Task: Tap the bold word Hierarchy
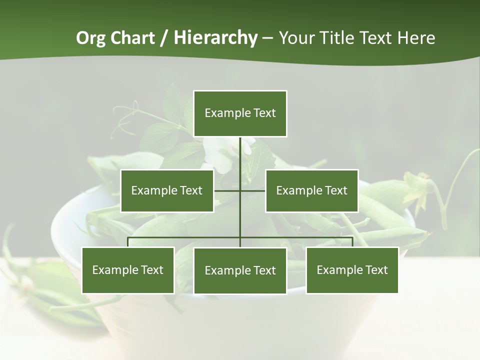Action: [x=215, y=38]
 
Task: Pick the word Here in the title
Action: [x=416, y=38]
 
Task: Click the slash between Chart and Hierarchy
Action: [x=164, y=38]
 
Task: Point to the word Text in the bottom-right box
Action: [x=376, y=270]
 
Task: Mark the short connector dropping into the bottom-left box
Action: [x=128, y=242]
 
